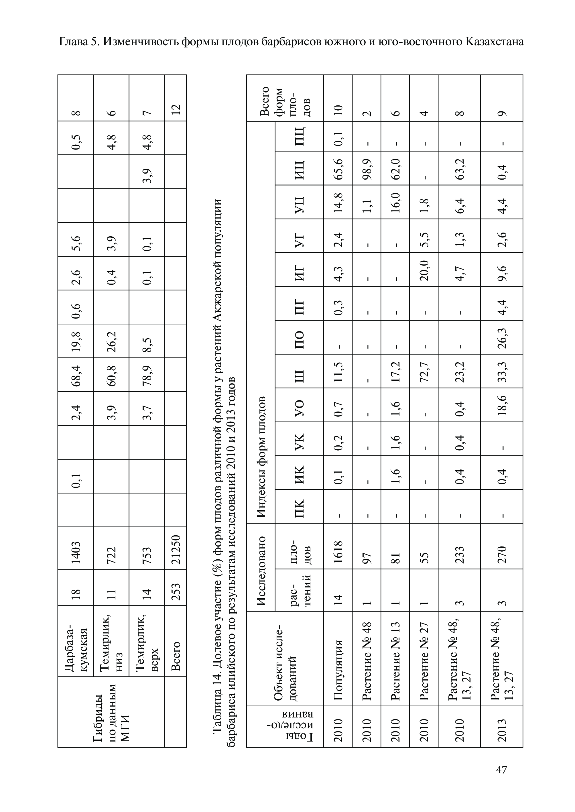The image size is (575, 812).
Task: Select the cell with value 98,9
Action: pos(367,168)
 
